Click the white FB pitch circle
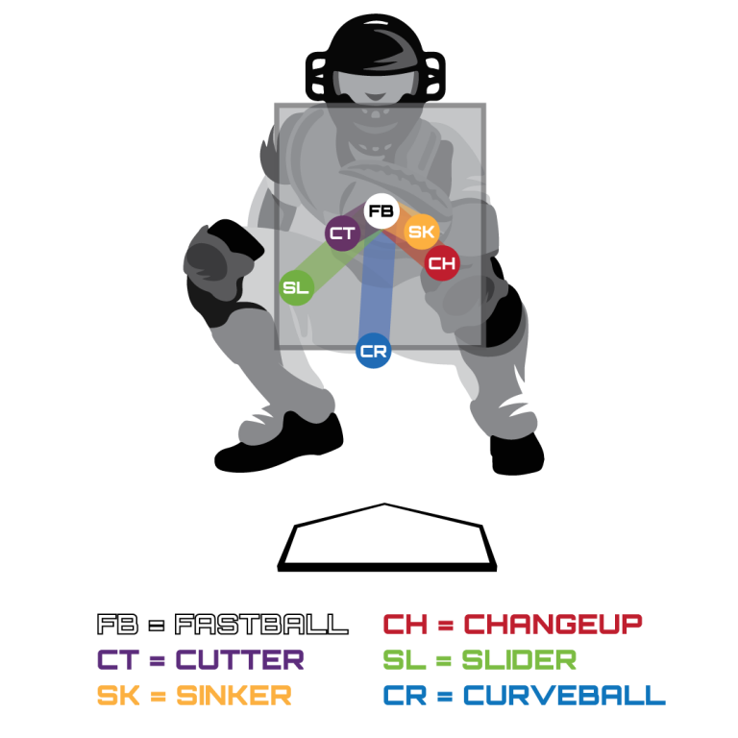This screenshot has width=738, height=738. pos(381,211)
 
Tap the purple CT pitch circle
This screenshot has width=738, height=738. pos(342,234)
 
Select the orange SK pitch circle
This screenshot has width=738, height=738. pos(421,232)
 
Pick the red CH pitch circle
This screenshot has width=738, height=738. pos(442,262)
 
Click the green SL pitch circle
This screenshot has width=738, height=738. pos(296,287)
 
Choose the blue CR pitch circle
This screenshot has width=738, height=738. pos(373,352)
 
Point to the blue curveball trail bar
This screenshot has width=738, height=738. pos(376,288)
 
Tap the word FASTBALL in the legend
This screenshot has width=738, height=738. pos(260,625)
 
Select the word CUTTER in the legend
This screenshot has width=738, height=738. pos(240,660)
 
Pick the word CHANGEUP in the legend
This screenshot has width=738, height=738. pos(553,625)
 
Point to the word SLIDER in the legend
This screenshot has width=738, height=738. pos(519,660)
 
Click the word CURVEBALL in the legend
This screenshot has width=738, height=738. pos(563,695)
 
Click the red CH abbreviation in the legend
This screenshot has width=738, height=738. pos(405,625)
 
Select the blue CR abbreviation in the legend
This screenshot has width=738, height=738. pos(405,695)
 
